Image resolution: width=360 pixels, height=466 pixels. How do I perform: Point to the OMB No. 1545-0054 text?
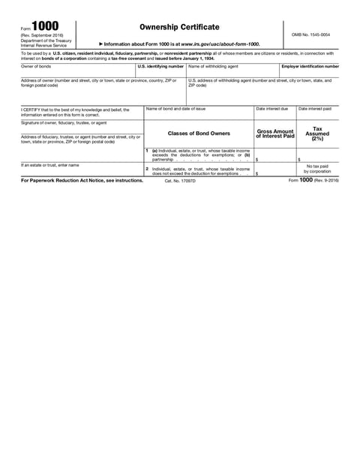[x=310, y=35]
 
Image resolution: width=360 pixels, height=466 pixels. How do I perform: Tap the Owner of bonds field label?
[x=36, y=66]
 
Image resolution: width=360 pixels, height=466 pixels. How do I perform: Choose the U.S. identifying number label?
[x=160, y=66]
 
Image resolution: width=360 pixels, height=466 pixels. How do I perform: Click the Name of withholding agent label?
[x=213, y=66]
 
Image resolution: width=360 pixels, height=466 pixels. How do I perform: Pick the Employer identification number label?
[x=310, y=66]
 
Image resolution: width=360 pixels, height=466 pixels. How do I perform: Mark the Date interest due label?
[x=271, y=109]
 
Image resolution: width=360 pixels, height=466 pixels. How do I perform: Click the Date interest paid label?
[x=314, y=109]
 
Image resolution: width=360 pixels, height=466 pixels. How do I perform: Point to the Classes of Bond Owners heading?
[x=198, y=134]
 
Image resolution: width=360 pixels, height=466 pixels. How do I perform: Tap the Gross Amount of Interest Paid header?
[x=275, y=134]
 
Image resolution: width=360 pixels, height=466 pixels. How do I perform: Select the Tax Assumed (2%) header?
[x=317, y=134]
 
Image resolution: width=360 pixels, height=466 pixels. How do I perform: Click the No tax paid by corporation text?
[x=317, y=169]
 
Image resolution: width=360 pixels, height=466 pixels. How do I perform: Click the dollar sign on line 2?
[x=257, y=173]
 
